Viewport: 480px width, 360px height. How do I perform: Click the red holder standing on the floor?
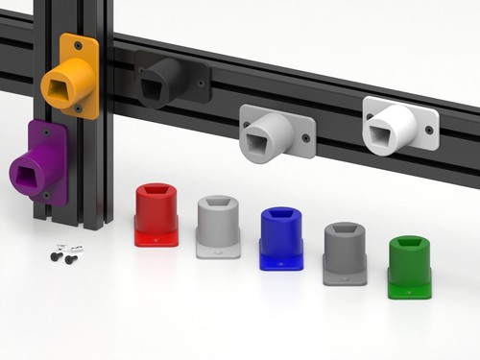[x=156, y=216]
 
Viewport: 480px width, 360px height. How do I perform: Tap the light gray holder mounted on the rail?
[x=273, y=132]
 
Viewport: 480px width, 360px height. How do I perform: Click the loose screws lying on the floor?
[x=65, y=253]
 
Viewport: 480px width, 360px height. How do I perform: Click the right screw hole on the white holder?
[x=429, y=129]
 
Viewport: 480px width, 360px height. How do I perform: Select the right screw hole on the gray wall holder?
[x=306, y=137]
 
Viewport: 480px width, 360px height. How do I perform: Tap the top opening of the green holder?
[x=410, y=243]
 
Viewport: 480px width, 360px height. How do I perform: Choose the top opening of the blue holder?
[x=281, y=213]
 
